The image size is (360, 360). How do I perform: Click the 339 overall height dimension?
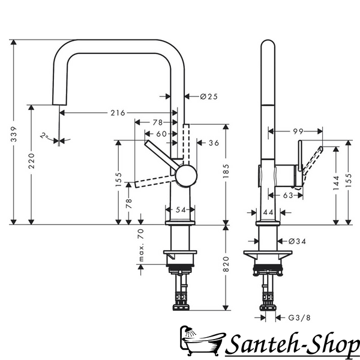(x=14, y=134)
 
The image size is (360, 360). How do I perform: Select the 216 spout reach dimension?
(x=118, y=113)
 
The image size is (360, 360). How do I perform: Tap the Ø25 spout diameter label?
(x=209, y=97)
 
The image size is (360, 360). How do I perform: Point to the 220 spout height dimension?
(x=31, y=161)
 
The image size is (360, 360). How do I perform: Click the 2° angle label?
(x=44, y=136)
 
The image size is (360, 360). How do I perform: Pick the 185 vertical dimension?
(x=226, y=171)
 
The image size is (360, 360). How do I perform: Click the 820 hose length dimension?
(x=226, y=264)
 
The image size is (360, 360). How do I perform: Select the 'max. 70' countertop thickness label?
(x=141, y=245)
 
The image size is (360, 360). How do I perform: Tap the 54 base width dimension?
(x=181, y=209)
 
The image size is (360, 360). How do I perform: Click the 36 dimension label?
(x=214, y=143)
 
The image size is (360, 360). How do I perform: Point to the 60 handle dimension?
(x=161, y=134)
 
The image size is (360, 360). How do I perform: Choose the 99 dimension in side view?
(x=298, y=131)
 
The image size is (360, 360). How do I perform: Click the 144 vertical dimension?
(x=336, y=183)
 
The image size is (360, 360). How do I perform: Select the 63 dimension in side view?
(x=288, y=196)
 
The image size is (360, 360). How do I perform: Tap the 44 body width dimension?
(x=268, y=212)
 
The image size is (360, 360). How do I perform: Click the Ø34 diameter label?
(x=297, y=241)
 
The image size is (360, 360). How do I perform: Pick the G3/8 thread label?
(x=299, y=318)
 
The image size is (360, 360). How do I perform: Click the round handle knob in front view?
(x=186, y=176)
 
